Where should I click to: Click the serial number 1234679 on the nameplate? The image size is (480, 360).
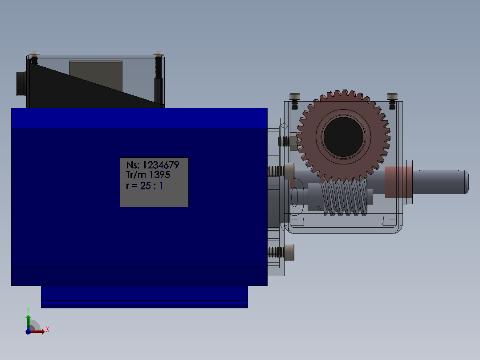(161, 165)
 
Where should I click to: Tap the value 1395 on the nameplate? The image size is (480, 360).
(160, 175)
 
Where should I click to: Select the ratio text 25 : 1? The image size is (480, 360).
(151, 186)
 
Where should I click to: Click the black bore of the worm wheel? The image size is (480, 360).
(343, 137)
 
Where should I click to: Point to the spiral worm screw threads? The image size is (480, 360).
(344, 196)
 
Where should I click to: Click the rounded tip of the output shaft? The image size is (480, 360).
(466, 182)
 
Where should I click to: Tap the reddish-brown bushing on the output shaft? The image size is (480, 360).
(398, 182)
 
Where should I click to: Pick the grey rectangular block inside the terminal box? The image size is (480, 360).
(95, 76)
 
